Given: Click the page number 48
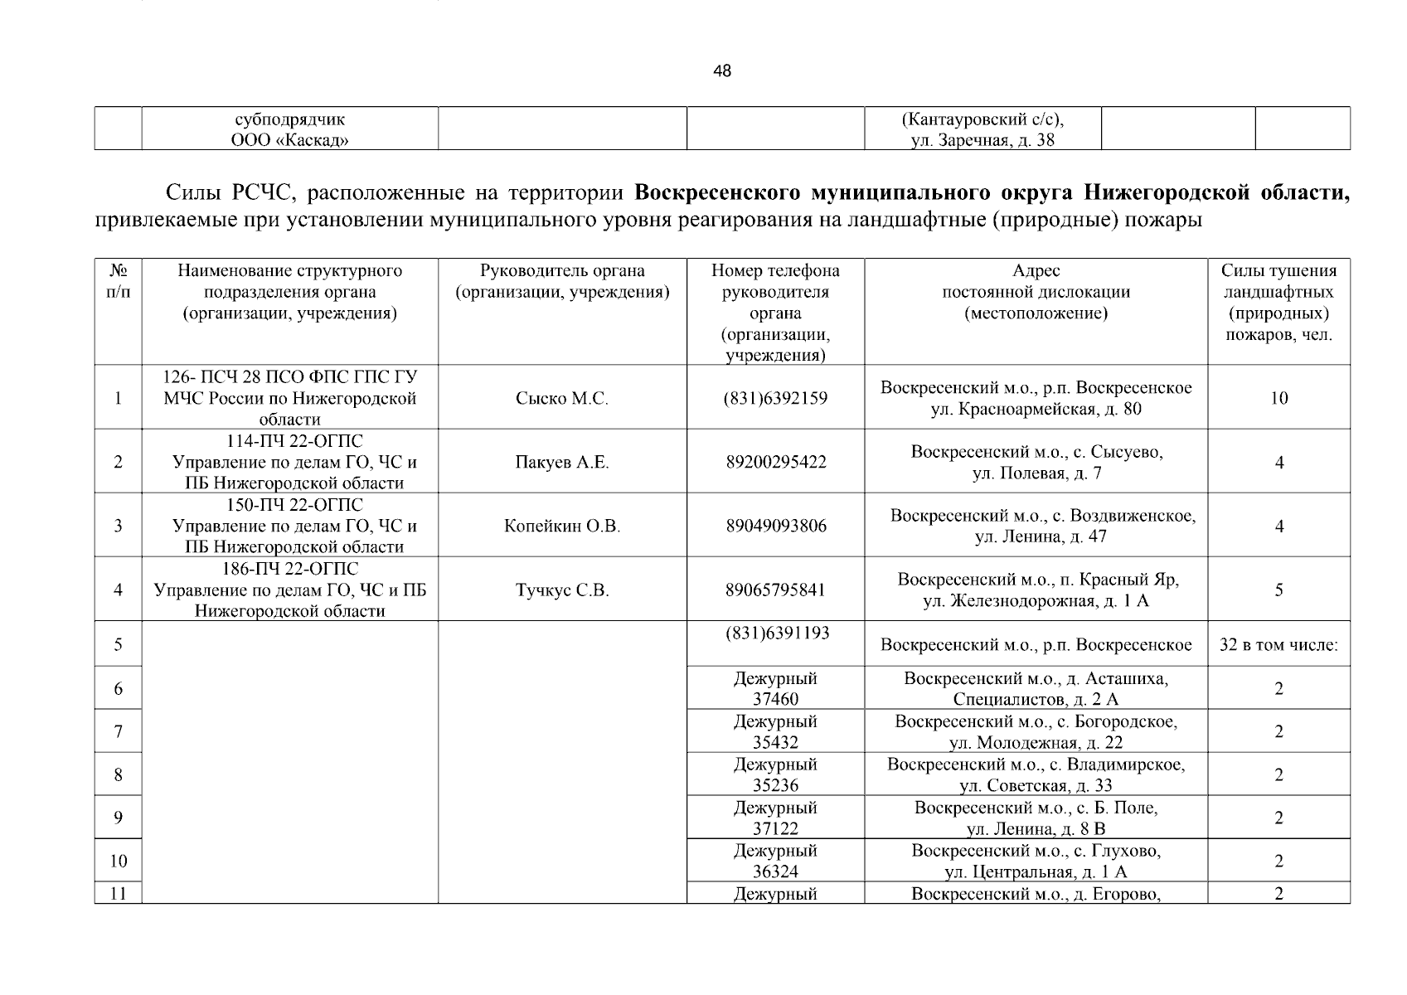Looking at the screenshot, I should (721, 71).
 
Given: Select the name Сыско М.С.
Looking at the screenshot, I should (561, 399).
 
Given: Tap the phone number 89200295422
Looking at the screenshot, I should (775, 463).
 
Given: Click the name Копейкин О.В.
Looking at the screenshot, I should (561, 527).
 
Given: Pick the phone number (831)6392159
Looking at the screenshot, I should (775, 399).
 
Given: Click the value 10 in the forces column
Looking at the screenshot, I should (1278, 399).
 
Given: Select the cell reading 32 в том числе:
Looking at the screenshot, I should (1278, 645).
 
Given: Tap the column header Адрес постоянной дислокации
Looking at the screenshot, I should (1036, 292).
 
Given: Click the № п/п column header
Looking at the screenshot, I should (118, 281).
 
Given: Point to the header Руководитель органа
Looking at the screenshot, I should (561, 281).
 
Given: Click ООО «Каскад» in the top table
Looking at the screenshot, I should (289, 140).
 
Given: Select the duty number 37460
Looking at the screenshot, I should (775, 700).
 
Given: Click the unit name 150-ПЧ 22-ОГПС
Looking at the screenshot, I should (294, 505).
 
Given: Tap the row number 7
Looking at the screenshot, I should (118, 731).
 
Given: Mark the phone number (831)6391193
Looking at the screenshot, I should (775, 633).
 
